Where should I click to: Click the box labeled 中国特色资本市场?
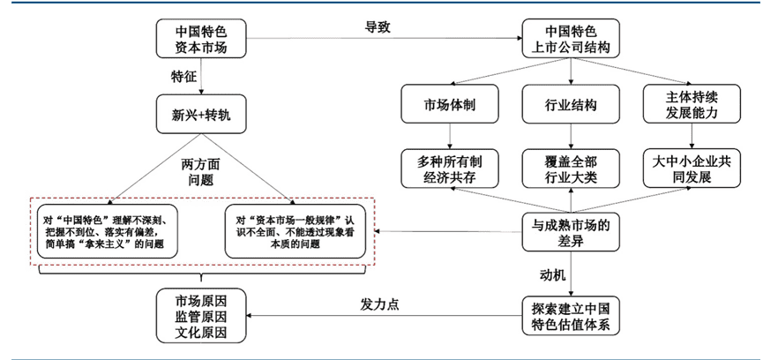[x=202, y=39]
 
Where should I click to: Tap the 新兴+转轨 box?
[x=202, y=116]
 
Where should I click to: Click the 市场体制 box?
[x=451, y=104]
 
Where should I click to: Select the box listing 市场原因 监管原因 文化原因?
[x=202, y=315]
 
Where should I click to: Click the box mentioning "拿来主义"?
[x=108, y=230]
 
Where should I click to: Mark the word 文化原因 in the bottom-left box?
[x=202, y=333]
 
